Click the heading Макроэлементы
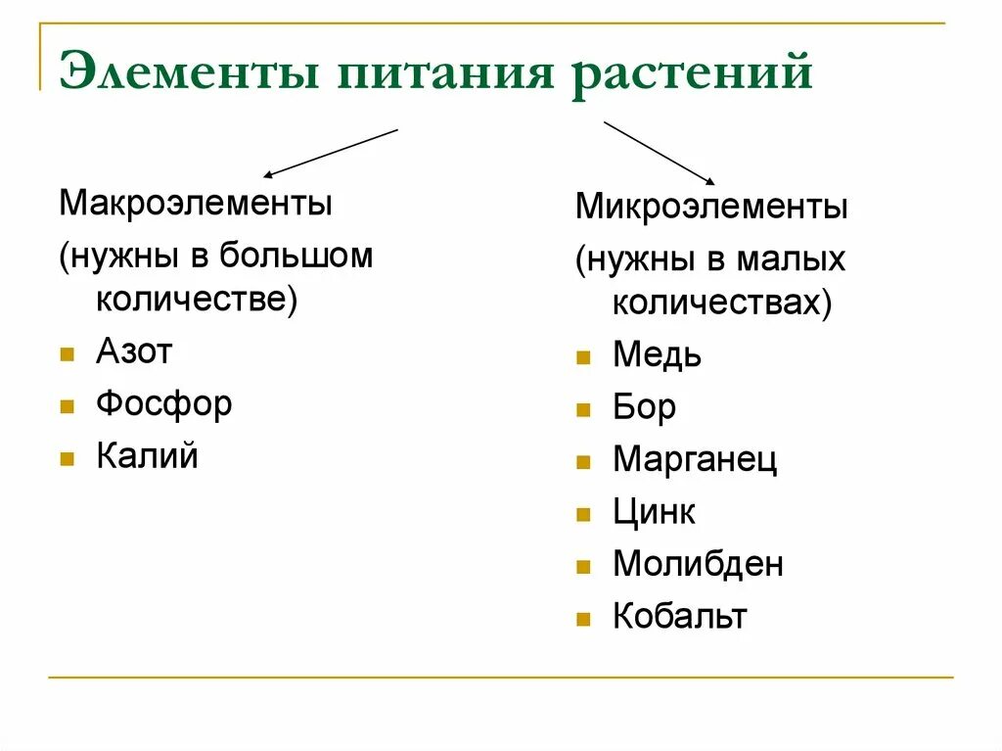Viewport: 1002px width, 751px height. pos(196,205)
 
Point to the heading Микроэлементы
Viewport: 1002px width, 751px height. pos(711,207)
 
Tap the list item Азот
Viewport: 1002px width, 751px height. pos(134,352)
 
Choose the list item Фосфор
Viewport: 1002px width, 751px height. pos(163,403)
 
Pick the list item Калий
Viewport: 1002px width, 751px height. pos(147,456)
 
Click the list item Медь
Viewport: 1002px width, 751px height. pos(657,354)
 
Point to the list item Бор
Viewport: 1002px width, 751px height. pos(644,407)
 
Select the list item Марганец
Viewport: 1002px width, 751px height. pos(695,459)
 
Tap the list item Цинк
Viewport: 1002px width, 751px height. pos(654,511)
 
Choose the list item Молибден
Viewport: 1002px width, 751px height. pos(698,564)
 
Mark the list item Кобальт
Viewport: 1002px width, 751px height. pos(680,616)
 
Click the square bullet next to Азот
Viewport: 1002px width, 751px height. pos(67,353)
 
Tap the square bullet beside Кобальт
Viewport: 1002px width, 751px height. pos(583,619)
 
